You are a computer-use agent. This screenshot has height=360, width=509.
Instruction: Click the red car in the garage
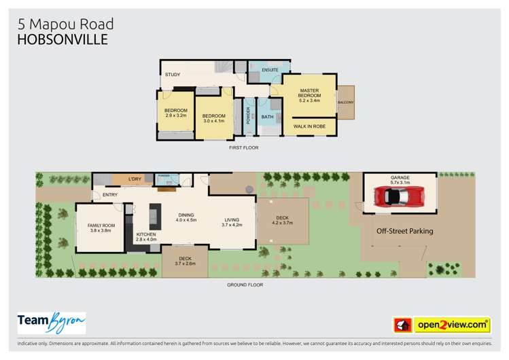400,197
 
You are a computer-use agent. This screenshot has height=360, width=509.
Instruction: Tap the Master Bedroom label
309,96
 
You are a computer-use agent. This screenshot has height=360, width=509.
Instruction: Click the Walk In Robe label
309,126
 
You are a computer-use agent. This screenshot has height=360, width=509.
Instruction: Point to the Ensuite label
261,71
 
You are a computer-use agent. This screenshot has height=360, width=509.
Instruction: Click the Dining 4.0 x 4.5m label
186,217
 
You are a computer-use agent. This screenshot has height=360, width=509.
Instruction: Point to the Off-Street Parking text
405,231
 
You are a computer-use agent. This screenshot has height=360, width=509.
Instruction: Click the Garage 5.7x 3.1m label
400,180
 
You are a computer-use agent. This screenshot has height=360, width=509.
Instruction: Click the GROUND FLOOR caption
245,285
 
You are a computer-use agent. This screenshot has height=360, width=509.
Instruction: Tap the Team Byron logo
51,323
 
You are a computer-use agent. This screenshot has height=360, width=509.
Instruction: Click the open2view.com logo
451,325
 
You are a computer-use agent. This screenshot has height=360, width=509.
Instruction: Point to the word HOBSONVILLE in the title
62,39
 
